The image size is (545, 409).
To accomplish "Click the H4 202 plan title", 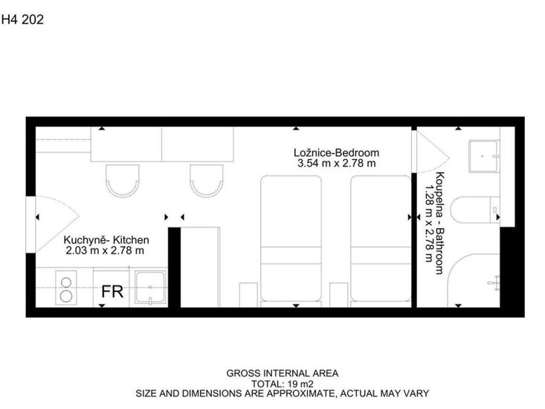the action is click(x=22, y=19).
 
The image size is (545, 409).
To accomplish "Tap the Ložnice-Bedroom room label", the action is click(x=336, y=152).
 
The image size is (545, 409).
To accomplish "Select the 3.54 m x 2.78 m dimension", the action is click(x=337, y=164).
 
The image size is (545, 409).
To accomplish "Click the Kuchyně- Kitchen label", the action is click(x=106, y=240).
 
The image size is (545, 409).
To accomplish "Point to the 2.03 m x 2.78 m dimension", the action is click(x=105, y=251).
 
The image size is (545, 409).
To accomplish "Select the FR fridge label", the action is click(x=112, y=292).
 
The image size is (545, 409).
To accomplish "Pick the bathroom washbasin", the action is click(x=484, y=156).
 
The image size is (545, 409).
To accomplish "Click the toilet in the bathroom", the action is click(x=475, y=210).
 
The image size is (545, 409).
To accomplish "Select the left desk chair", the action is click(x=123, y=181).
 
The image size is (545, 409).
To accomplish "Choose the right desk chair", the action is click(x=207, y=181).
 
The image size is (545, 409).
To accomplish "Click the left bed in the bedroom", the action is click(x=291, y=239).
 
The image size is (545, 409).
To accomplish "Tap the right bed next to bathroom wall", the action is click(x=381, y=239).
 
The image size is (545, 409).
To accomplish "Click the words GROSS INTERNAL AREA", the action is click(x=283, y=373).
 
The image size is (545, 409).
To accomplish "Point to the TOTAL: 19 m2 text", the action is click(x=283, y=384).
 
